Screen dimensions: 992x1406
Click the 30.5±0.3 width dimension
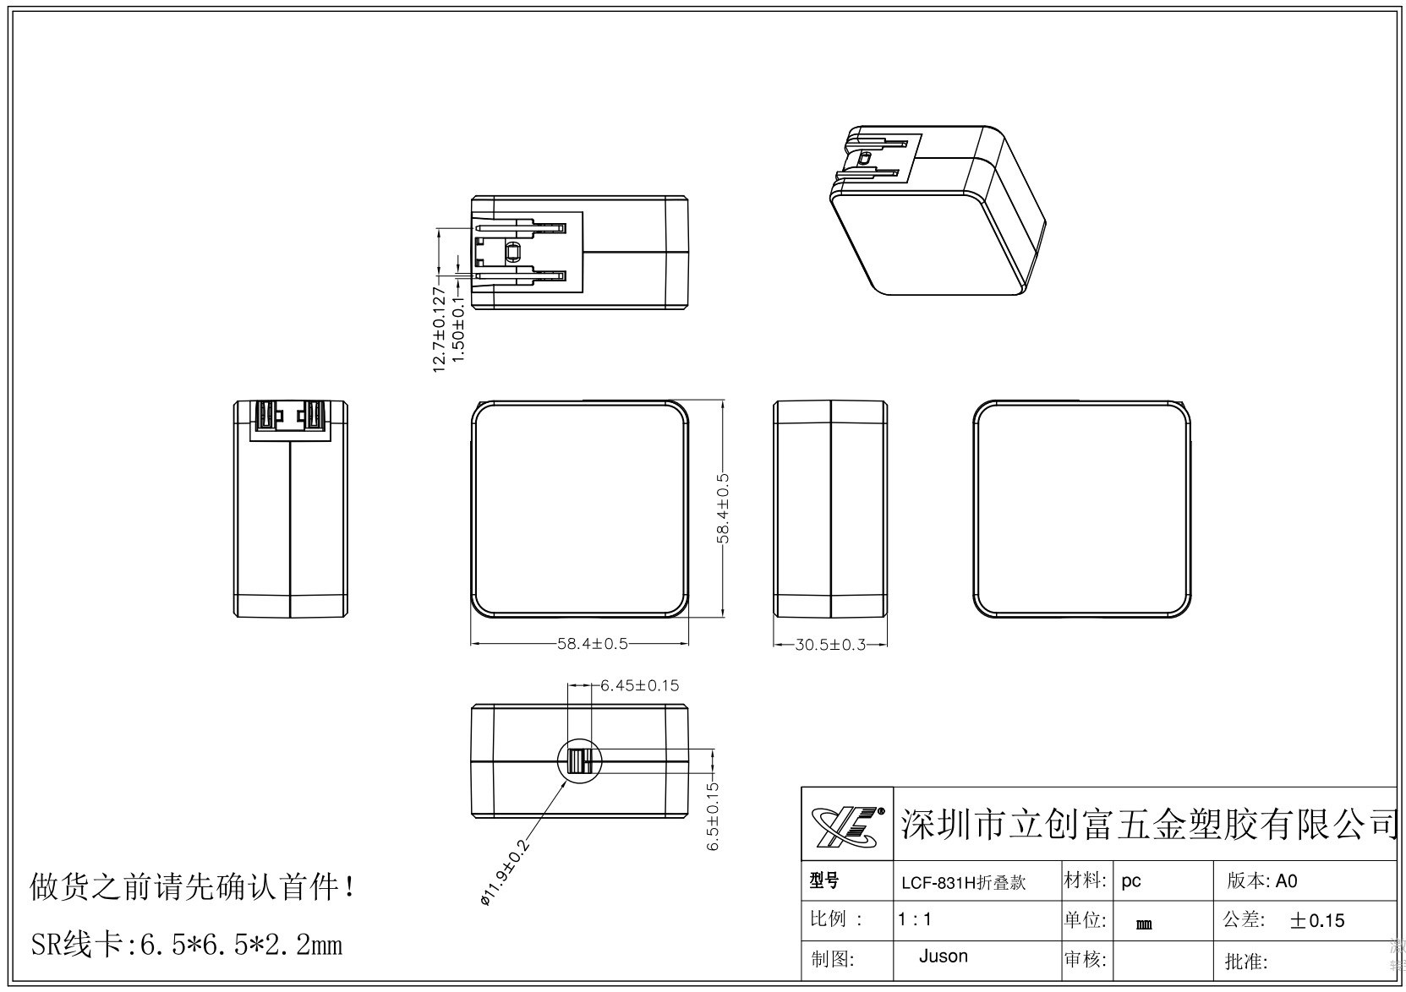coord(830,645)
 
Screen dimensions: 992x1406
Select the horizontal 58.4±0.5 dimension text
coord(592,644)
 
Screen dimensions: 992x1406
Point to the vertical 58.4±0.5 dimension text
coord(723,509)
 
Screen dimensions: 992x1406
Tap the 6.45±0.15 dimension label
coord(639,685)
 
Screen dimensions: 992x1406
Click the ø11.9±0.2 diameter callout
coord(504,873)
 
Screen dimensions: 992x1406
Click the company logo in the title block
coord(847,825)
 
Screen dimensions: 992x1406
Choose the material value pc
coord(1131,881)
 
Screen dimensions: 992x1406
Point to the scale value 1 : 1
coord(915,919)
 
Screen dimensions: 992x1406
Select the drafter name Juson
coord(943,957)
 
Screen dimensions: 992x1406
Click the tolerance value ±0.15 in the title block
coord(1316,920)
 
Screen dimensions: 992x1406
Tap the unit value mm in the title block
coord(1144,924)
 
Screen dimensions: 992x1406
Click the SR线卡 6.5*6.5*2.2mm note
coord(186,944)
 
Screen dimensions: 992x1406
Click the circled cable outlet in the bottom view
coord(579,762)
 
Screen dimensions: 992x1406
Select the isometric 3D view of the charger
coord(936,210)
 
